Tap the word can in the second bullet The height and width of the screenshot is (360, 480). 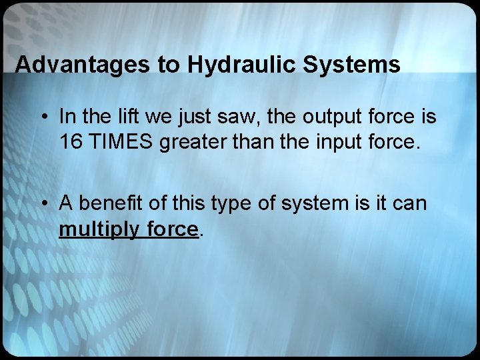(x=406, y=203)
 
